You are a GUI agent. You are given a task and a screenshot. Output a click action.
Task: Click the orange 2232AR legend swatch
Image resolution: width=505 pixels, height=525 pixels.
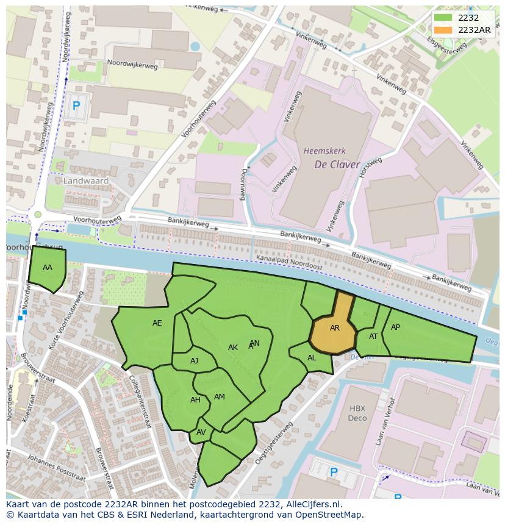click(x=443, y=30)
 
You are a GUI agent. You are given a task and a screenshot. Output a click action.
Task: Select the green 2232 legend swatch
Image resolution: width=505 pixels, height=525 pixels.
click(x=443, y=18)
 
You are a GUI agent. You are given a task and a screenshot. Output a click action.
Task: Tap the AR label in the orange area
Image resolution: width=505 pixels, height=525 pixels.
click(x=335, y=328)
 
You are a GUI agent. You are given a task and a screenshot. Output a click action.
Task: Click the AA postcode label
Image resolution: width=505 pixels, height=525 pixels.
click(x=48, y=268)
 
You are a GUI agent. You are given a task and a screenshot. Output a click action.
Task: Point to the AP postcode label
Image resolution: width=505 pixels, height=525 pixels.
click(x=395, y=327)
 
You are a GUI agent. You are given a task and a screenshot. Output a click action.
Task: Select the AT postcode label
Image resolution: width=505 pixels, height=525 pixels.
click(x=373, y=337)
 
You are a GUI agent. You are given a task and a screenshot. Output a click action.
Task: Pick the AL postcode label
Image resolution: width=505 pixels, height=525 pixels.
click(x=312, y=358)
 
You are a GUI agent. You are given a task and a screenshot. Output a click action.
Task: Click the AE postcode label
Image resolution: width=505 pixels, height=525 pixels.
click(x=157, y=323)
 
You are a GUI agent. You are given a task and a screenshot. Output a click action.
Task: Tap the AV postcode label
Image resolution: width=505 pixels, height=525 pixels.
click(x=201, y=432)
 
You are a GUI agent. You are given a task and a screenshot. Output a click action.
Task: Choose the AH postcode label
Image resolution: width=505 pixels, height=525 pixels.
click(x=195, y=400)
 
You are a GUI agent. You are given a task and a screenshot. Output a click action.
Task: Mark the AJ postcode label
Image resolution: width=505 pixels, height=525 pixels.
click(x=194, y=361)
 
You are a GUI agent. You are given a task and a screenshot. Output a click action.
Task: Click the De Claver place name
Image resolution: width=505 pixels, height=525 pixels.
click(x=337, y=165)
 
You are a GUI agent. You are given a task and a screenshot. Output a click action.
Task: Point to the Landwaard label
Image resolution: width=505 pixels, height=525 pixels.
click(x=86, y=181)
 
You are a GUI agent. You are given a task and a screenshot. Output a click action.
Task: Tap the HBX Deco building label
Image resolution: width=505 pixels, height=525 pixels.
click(x=357, y=413)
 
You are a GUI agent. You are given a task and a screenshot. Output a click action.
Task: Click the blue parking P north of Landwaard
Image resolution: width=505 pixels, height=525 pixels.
click(x=76, y=106)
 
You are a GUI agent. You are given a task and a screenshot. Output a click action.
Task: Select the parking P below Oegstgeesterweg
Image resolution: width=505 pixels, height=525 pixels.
click(x=334, y=472)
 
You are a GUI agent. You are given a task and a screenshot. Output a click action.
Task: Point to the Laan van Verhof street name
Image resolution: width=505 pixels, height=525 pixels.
click(x=382, y=423)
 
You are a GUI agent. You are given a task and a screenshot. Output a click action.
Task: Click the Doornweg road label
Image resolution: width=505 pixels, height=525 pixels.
click(x=244, y=184)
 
